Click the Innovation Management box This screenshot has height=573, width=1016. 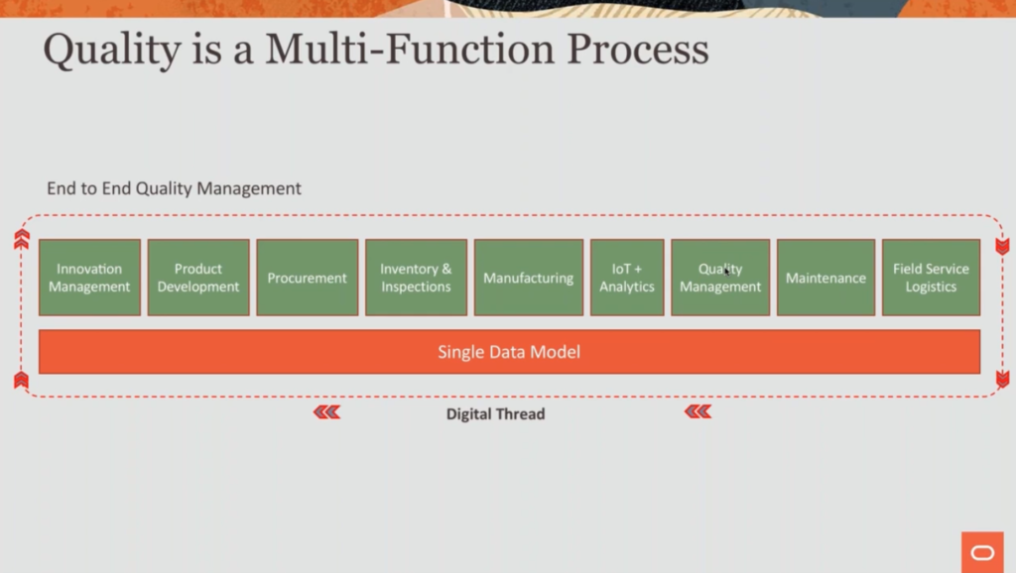[x=89, y=278]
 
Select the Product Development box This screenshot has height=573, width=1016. [x=198, y=278]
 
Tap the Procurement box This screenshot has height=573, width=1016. [x=308, y=278]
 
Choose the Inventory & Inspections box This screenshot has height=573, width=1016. [x=416, y=278]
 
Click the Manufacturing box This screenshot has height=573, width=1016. [x=528, y=278]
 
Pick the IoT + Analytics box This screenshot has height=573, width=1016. [x=627, y=278]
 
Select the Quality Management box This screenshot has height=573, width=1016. [x=720, y=278]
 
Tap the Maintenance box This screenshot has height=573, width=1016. [x=825, y=278]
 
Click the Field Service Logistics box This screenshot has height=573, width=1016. [x=931, y=278]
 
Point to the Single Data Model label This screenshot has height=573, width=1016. [x=509, y=352]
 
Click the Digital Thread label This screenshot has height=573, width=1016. [x=495, y=414]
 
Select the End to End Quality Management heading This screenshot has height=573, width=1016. [x=174, y=188]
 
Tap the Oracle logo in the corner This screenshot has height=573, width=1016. [x=982, y=552]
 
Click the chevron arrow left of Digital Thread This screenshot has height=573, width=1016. [x=327, y=412]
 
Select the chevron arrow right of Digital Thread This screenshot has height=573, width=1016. [x=698, y=412]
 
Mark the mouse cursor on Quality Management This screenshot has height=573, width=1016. [x=726, y=270]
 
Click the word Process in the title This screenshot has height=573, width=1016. [x=645, y=50]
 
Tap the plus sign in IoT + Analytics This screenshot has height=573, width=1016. [x=642, y=270]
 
